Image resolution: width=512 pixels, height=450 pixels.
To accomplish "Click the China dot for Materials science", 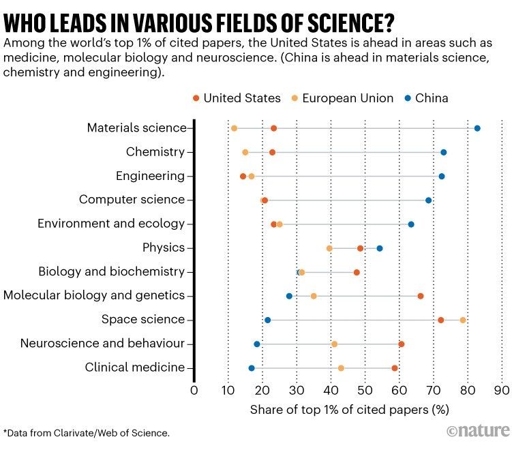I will click(x=477, y=128).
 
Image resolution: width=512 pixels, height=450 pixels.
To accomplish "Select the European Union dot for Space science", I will click(x=463, y=320).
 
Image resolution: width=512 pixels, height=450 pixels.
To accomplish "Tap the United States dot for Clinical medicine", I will click(x=395, y=368).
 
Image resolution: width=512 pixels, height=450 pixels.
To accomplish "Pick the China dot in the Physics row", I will click(x=380, y=248).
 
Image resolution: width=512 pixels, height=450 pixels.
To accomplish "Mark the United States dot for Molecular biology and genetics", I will click(x=421, y=296).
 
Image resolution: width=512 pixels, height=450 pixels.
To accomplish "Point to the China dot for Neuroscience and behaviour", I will click(x=257, y=344).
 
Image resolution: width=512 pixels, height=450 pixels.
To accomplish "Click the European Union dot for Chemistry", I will click(x=245, y=152).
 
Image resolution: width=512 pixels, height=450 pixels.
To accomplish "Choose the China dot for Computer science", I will click(x=429, y=200).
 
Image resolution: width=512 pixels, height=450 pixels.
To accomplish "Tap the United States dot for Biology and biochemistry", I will click(x=357, y=272).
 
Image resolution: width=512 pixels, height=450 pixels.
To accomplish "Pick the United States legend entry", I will click(x=236, y=98).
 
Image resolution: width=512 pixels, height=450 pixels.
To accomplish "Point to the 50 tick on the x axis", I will click(x=365, y=391).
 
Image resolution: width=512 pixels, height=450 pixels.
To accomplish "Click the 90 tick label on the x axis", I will click(x=502, y=391).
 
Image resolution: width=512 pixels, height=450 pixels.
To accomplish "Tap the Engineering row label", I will click(x=150, y=176).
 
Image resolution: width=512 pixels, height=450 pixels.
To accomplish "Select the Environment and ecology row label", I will click(x=111, y=224).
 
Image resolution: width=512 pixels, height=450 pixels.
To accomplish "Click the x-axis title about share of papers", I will click(x=349, y=410).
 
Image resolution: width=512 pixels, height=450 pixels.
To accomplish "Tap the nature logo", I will click(x=478, y=431).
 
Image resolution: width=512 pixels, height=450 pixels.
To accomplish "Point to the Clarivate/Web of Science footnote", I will click(x=87, y=432).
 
